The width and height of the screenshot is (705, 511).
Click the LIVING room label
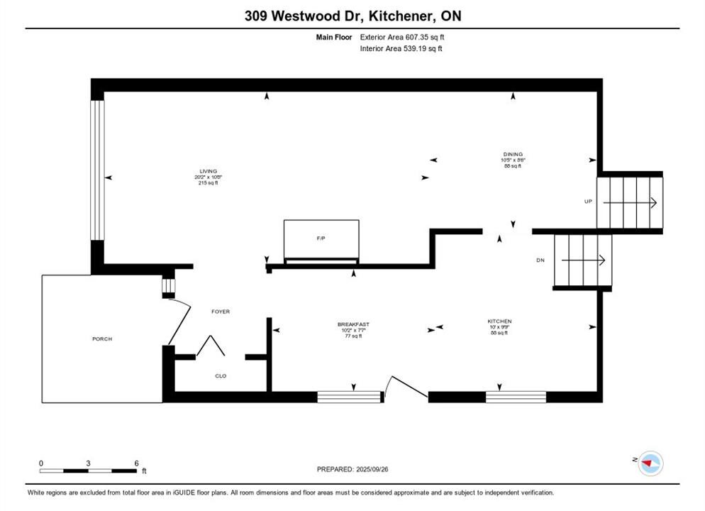(208, 171)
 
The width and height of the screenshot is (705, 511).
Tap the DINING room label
(512, 154)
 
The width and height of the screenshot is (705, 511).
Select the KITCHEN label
(499, 321)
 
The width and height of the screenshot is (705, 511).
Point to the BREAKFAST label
(353, 324)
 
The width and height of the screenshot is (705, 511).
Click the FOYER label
(221, 312)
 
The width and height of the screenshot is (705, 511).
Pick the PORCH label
(102, 339)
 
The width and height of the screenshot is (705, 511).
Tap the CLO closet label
(221, 375)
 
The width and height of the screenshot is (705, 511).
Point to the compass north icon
(649, 463)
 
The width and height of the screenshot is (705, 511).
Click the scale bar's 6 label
(136, 463)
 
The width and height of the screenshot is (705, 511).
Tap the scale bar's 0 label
(41, 463)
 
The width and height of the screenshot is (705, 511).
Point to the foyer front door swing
(179, 321)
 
